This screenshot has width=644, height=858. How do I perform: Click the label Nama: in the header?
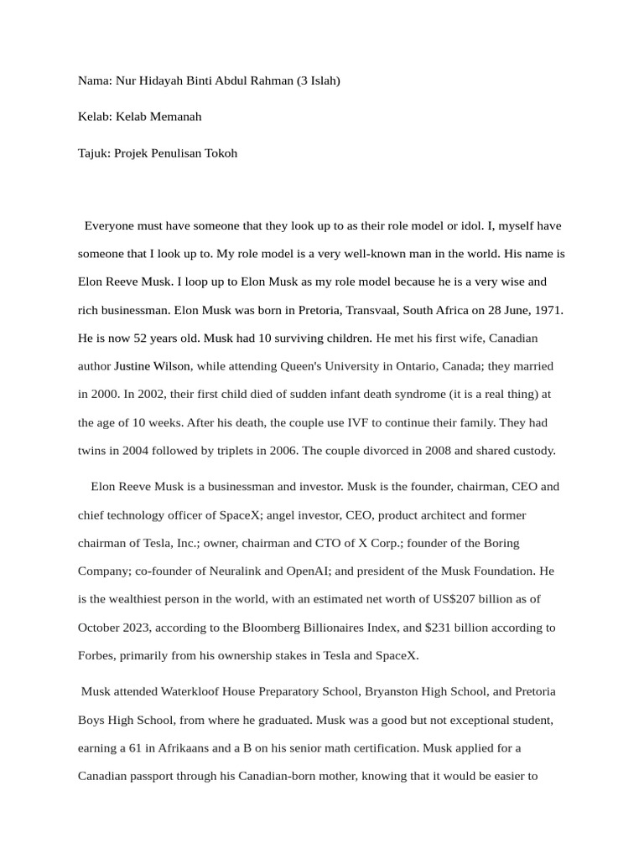point(94,81)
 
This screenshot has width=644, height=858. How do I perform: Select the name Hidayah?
point(162,81)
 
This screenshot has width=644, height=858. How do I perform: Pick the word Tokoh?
point(221,152)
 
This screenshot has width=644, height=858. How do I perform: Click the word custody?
point(533,450)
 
